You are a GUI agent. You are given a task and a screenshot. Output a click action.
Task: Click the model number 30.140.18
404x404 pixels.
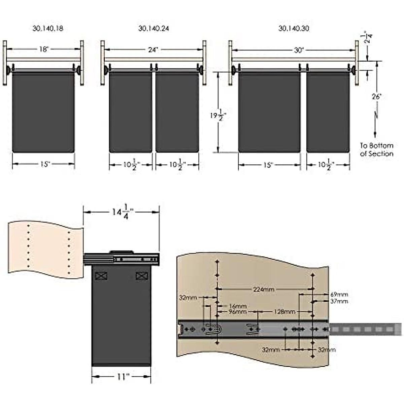pos(48,29)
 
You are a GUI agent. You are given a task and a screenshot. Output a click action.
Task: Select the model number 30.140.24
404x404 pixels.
pos(154,29)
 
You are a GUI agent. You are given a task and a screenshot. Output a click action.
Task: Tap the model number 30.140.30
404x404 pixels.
pos(294,29)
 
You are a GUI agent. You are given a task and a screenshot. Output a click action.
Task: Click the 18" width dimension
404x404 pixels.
pos(44,49)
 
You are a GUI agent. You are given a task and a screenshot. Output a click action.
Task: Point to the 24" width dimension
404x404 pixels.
pos(153,50)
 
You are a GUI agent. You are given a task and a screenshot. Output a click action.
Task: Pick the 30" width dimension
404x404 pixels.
pos(299,50)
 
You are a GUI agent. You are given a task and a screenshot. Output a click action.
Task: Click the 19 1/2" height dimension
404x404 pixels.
pos(218,115)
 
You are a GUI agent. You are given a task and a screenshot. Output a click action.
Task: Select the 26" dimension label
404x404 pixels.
pos(376,97)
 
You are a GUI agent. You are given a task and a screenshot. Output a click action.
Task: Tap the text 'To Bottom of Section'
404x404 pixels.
pos(376,150)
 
